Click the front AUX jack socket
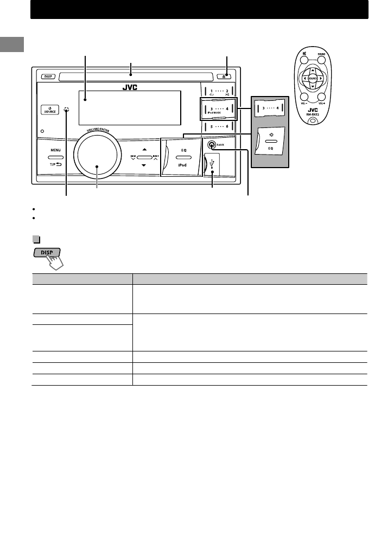(211, 145)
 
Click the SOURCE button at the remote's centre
(313, 78)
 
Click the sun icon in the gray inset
(270, 133)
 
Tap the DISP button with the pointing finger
(47, 253)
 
